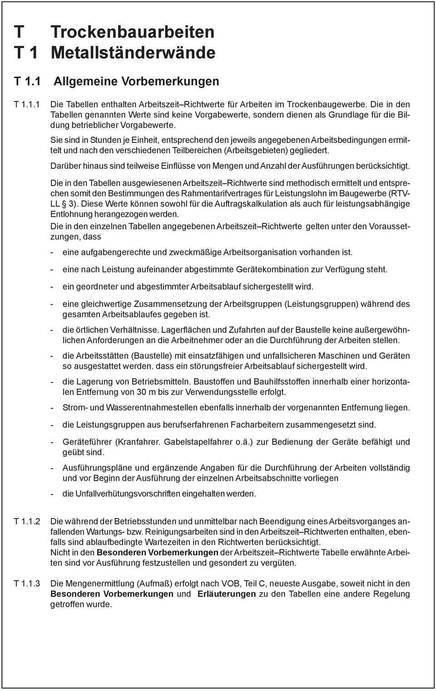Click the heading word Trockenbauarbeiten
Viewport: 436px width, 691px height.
tap(133, 32)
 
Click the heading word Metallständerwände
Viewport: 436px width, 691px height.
tap(133, 53)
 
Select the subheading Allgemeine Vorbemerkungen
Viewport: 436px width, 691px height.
tap(136, 81)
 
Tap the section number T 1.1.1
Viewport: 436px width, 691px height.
tap(27, 105)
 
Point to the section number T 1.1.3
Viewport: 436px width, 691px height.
tap(27, 583)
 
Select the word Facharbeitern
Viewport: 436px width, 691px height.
tap(257, 425)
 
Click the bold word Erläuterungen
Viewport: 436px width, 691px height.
tap(227, 594)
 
